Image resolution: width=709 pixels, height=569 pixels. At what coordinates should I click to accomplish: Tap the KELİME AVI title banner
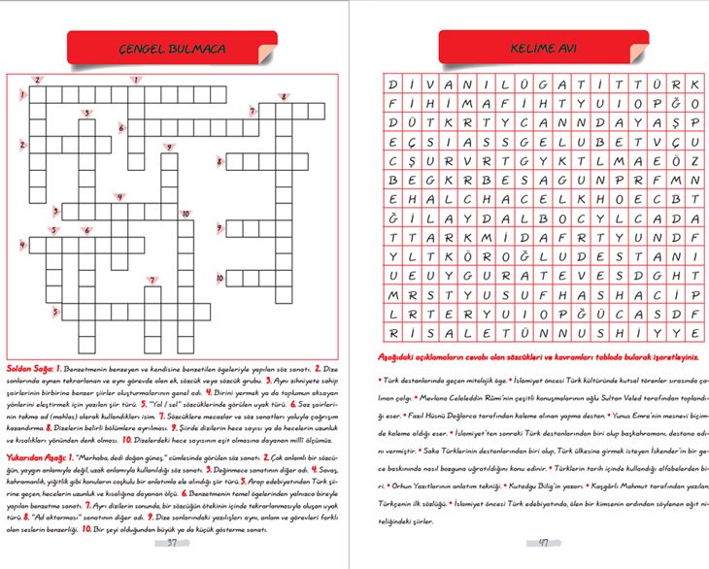[532, 48]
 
